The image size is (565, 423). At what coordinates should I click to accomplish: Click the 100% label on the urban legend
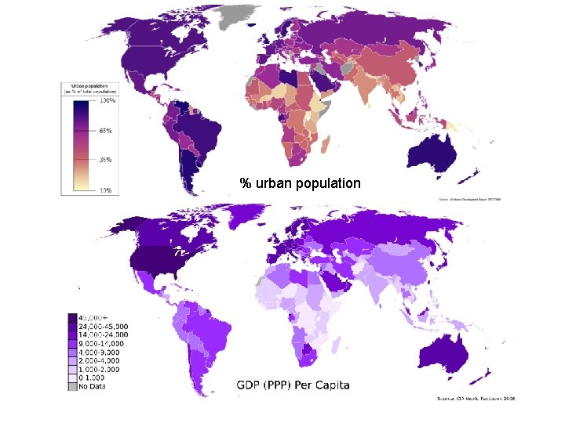coord(108,101)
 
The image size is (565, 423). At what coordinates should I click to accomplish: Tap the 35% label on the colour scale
coord(106,160)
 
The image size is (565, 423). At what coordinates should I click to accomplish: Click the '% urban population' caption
coord(301,183)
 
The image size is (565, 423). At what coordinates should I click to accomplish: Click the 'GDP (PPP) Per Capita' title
coord(293,385)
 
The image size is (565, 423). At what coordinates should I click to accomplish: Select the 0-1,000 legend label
coord(99,378)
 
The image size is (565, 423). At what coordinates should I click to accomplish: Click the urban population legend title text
coord(88,89)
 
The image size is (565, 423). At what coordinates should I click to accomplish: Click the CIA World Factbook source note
coord(476,399)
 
